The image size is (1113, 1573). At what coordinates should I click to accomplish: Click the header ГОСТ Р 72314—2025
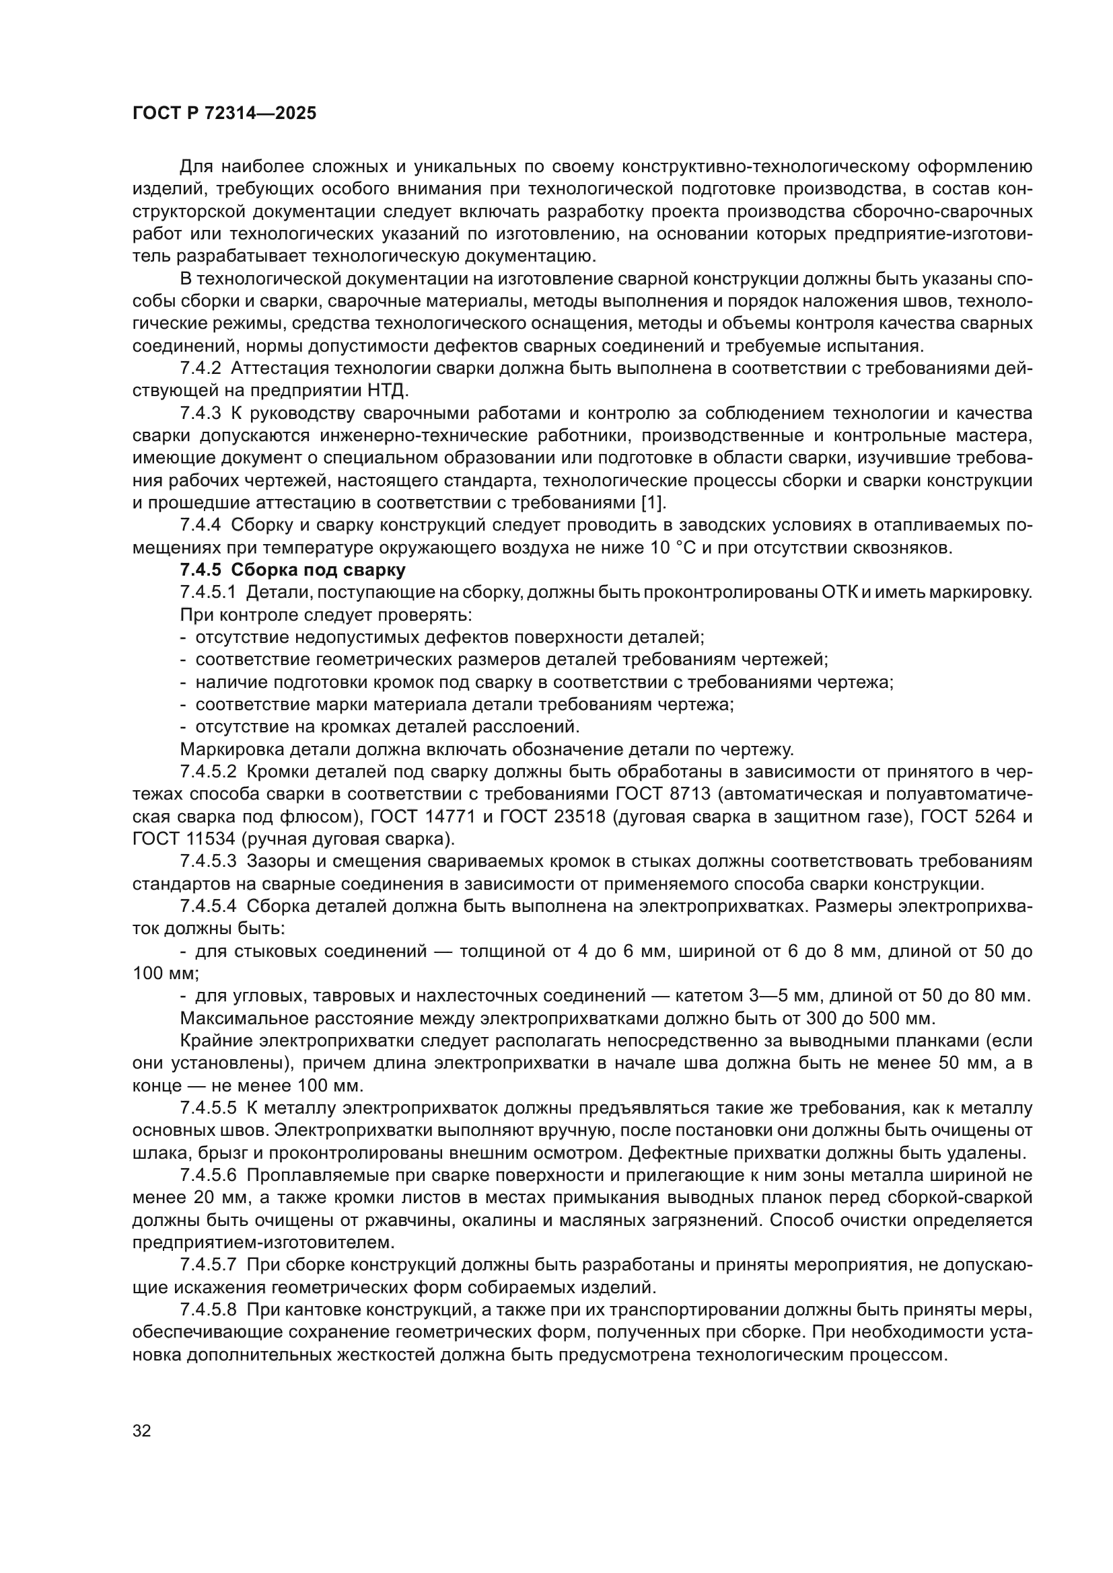[x=224, y=114]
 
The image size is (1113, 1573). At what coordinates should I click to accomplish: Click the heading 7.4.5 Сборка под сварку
[x=293, y=570]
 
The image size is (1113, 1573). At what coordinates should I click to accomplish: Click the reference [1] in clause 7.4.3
[x=653, y=503]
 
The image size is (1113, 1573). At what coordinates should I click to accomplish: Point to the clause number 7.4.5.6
[x=208, y=1176]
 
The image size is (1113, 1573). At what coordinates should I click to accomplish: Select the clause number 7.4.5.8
[x=208, y=1310]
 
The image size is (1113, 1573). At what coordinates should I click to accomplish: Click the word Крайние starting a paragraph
[x=217, y=1041]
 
